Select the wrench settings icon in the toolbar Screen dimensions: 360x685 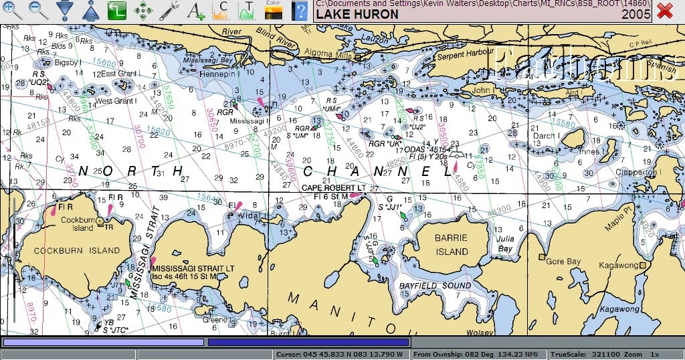point(169,10)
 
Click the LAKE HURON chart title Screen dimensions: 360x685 point(357,14)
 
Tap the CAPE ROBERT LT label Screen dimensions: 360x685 point(333,188)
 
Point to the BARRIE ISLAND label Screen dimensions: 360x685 point(452,245)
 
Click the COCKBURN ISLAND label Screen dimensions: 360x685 point(78,251)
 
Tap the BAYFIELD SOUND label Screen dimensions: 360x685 point(435,286)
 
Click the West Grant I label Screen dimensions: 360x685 point(116,101)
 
